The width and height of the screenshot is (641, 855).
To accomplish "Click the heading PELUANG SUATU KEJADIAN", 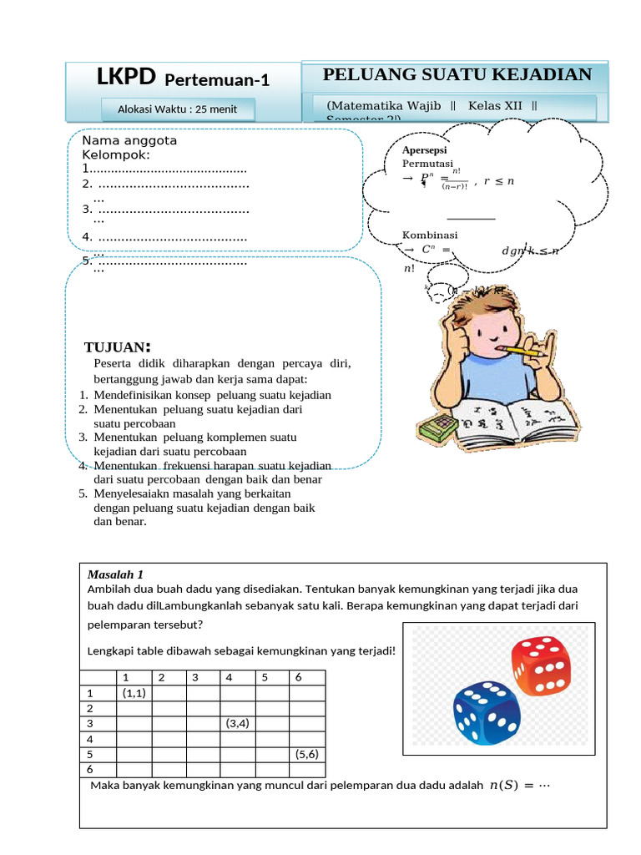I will pos(457,74).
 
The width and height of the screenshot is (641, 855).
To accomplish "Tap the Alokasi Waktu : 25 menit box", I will pos(177,109).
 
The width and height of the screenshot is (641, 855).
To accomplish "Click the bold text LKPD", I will pos(126,78).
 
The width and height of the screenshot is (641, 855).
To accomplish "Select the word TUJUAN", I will pos(118,347).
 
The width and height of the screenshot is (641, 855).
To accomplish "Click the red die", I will pos(540,665).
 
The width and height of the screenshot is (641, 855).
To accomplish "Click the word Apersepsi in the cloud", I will pos(425,149).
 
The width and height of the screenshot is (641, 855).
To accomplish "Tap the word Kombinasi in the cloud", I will pos(430,235).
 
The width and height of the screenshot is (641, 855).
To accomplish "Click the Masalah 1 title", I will pos(115,574).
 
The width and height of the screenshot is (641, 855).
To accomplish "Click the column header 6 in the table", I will pos(298,677).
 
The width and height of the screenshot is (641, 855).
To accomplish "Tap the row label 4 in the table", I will pos(90,739).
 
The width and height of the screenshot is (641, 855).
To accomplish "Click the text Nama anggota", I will pos(129,140).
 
